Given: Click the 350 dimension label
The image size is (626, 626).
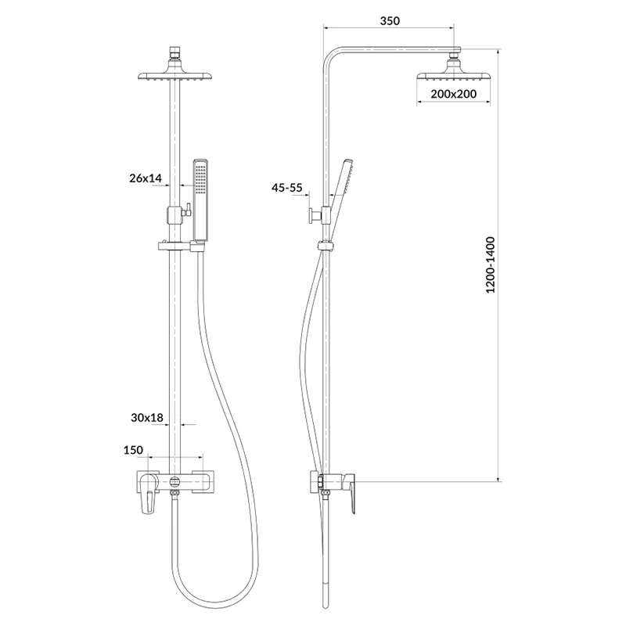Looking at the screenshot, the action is pos(389,20).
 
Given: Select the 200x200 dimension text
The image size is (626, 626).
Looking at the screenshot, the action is pos(454,94).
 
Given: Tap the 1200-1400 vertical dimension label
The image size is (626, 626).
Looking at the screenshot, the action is pos(491,265).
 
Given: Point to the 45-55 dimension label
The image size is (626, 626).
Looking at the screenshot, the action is pos(287,188).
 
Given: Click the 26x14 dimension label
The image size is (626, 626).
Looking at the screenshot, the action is pos(146,178).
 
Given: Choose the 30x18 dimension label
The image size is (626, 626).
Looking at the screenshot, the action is pos(147,418).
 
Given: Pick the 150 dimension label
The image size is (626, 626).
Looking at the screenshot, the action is pos(133,450).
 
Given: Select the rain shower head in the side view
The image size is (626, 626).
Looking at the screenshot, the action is pos(454,75).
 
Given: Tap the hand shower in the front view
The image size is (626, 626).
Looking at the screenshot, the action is pos(200,200).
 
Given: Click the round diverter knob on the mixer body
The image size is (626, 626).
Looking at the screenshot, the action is pos(174,481).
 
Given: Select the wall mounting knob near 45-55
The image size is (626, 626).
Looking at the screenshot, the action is pos(311,216).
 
